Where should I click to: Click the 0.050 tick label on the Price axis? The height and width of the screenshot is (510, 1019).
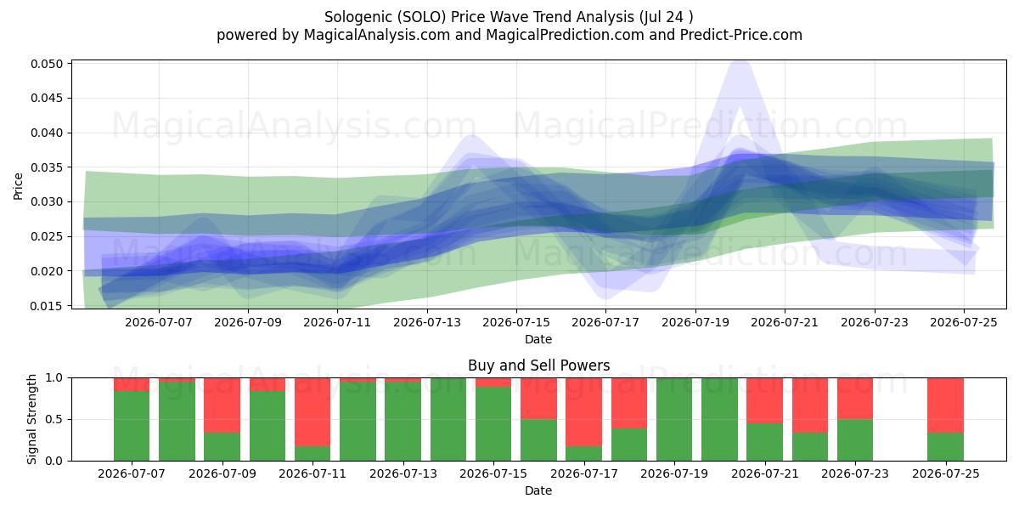click(x=47, y=64)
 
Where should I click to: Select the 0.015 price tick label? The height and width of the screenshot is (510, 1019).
click(x=47, y=306)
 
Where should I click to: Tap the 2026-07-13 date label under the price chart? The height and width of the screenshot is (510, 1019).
click(x=426, y=323)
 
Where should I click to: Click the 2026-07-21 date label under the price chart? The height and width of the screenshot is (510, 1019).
click(x=785, y=323)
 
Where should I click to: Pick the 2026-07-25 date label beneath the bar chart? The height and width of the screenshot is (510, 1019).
click(x=946, y=474)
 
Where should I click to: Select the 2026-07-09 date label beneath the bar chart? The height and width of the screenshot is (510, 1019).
click(x=222, y=474)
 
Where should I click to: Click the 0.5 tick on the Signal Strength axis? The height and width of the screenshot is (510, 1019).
click(x=54, y=419)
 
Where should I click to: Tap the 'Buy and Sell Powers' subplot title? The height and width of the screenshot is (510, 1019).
click(x=538, y=365)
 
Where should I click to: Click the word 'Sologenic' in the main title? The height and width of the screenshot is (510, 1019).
click(x=358, y=17)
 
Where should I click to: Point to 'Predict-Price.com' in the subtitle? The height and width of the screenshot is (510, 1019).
click(x=741, y=35)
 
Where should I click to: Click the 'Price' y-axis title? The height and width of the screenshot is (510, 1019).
click(x=18, y=186)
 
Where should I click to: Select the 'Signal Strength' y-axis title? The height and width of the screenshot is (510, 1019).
click(x=31, y=419)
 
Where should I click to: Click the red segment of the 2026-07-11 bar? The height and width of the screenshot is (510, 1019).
click(x=312, y=412)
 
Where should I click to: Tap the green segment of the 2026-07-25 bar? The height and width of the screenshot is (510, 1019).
click(x=945, y=447)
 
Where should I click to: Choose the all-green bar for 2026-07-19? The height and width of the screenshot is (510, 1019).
click(x=674, y=419)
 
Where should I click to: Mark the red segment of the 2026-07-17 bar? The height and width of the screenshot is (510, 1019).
click(x=583, y=412)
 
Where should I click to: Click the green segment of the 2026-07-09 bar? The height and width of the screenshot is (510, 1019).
click(x=222, y=447)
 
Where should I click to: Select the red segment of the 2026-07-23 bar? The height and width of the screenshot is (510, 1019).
click(x=855, y=399)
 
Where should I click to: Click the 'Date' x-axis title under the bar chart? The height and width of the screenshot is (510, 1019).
click(x=538, y=491)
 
